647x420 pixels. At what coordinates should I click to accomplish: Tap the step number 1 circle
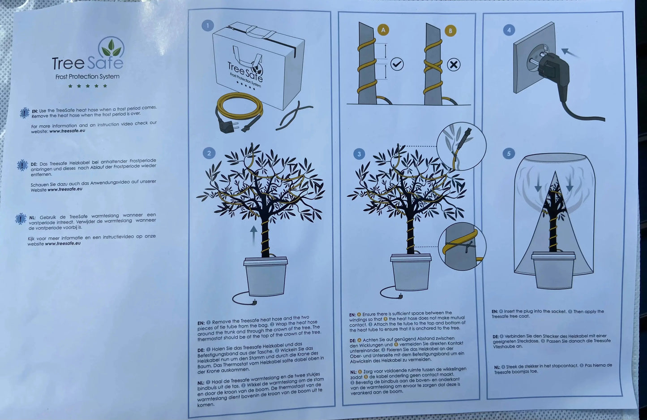coord(207,26)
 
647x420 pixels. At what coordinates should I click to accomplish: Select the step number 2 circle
coord(209,152)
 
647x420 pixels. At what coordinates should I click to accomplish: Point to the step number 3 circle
coord(359,154)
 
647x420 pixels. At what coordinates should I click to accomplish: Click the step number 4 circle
coord(509,30)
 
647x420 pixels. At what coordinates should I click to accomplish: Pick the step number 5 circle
coord(509,153)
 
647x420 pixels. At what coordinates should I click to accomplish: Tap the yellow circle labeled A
coord(383,30)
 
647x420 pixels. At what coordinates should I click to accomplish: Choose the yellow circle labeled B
coord(450,30)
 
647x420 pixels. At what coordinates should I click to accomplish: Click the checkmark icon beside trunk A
coord(397,64)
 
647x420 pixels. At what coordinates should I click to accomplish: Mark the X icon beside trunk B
coord(454,65)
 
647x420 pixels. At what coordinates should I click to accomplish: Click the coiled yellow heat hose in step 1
coord(239,106)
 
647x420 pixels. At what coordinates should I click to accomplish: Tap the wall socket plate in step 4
coord(534,58)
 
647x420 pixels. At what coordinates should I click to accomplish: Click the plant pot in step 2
coord(266,276)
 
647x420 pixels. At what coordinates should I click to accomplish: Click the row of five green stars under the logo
coord(87,86)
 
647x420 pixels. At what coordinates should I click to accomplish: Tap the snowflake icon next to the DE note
coord(22,165)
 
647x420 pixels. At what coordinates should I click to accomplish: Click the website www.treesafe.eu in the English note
coord(67,130)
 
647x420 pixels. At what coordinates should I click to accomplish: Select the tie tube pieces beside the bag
coord(293,116)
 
